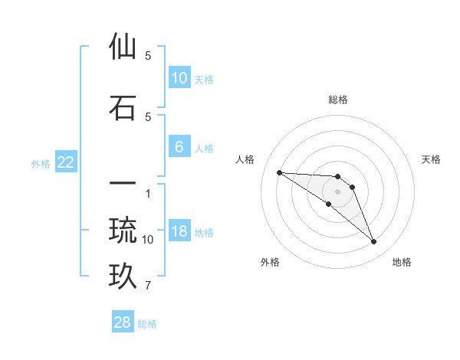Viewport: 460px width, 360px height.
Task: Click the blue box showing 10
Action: pyautogui.click(x=179, y=77)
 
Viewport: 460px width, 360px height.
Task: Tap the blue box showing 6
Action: pyautogui.click(x=179, y=147)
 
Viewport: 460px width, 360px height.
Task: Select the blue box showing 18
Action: pyautogui.click(x=179, y=231)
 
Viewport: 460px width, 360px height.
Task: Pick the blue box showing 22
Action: pyautogui.click(x=66, y=162)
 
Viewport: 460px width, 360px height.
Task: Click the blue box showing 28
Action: pyautogui.click(x=123, y=322)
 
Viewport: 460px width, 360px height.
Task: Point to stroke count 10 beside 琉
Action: pyautogui.click(x=148, y=240)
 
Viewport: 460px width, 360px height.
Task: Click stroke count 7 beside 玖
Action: pyautogui.click(x=148, y=286)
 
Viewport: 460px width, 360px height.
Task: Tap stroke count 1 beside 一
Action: pyautogui.click(x=148, y=193)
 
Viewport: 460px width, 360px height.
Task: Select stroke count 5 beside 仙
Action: pyautogui.click(x=148, y=55)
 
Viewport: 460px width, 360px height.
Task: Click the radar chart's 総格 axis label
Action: pyautogui.click(x=338, y=100)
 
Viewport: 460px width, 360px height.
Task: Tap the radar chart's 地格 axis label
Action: pyautogui.click(x=402, y=263)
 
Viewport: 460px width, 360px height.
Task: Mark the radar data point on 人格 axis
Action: pyautogui.click(x=279, y=172)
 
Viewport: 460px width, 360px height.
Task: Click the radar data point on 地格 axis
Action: pyautogui.click(x=373, y=242)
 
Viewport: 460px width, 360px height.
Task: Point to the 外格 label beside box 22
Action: pyautogui.click(x=40, y=163)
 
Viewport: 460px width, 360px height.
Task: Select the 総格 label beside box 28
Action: pyautogui.click(x=147, y=324)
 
